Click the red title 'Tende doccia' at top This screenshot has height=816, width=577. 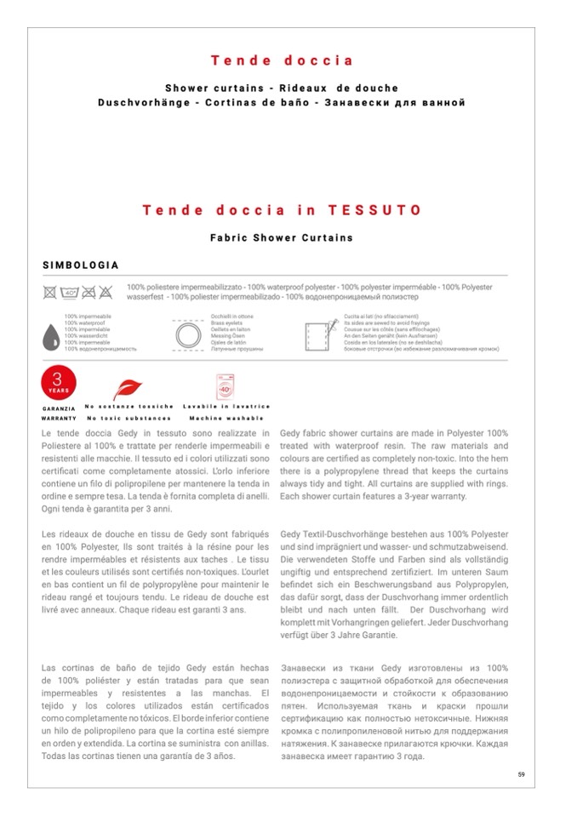(x=282, y=60)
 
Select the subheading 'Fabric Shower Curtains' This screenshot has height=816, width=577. (x=282, y=238)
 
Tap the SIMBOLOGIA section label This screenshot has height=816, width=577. (x=81, y=265)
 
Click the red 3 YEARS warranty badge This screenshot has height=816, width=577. (x=58, y=383)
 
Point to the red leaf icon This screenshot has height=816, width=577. (x=129, y=389)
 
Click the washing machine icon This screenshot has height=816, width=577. (x=226, y=387)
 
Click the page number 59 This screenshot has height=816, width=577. (x=521, y=773)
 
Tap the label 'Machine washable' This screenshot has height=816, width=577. (x=226, y=418)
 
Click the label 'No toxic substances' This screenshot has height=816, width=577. (x=129, y=418)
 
